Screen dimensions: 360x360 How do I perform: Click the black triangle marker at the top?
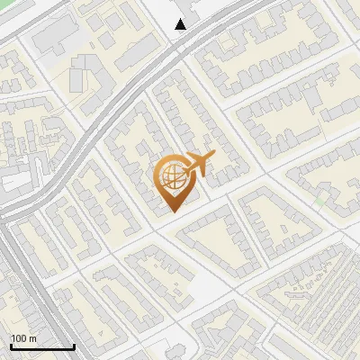pyautogui.click(x=181, y=24)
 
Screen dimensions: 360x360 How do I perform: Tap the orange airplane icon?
pyautogui.click(x=200, y=165)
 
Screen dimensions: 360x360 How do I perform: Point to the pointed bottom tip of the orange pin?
pyautogui.click(x=173, y=211)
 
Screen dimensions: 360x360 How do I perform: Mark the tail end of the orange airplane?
pyautogui.click(x=185, y=170)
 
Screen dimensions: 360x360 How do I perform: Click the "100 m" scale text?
pyautogui.click(x=23, y=338)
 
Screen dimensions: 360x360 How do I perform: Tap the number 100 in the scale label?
pyautogui.click(x=19, y=338)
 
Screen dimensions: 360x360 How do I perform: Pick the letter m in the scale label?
pyautogui.click(x=32, y=338)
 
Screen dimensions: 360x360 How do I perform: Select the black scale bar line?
pyautogui.click(x=42, y=346)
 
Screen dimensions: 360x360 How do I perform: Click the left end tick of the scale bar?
pyautogui.click(x=11, y=345)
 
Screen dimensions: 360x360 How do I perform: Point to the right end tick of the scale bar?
pyautogui.click(x=74, y=345)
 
